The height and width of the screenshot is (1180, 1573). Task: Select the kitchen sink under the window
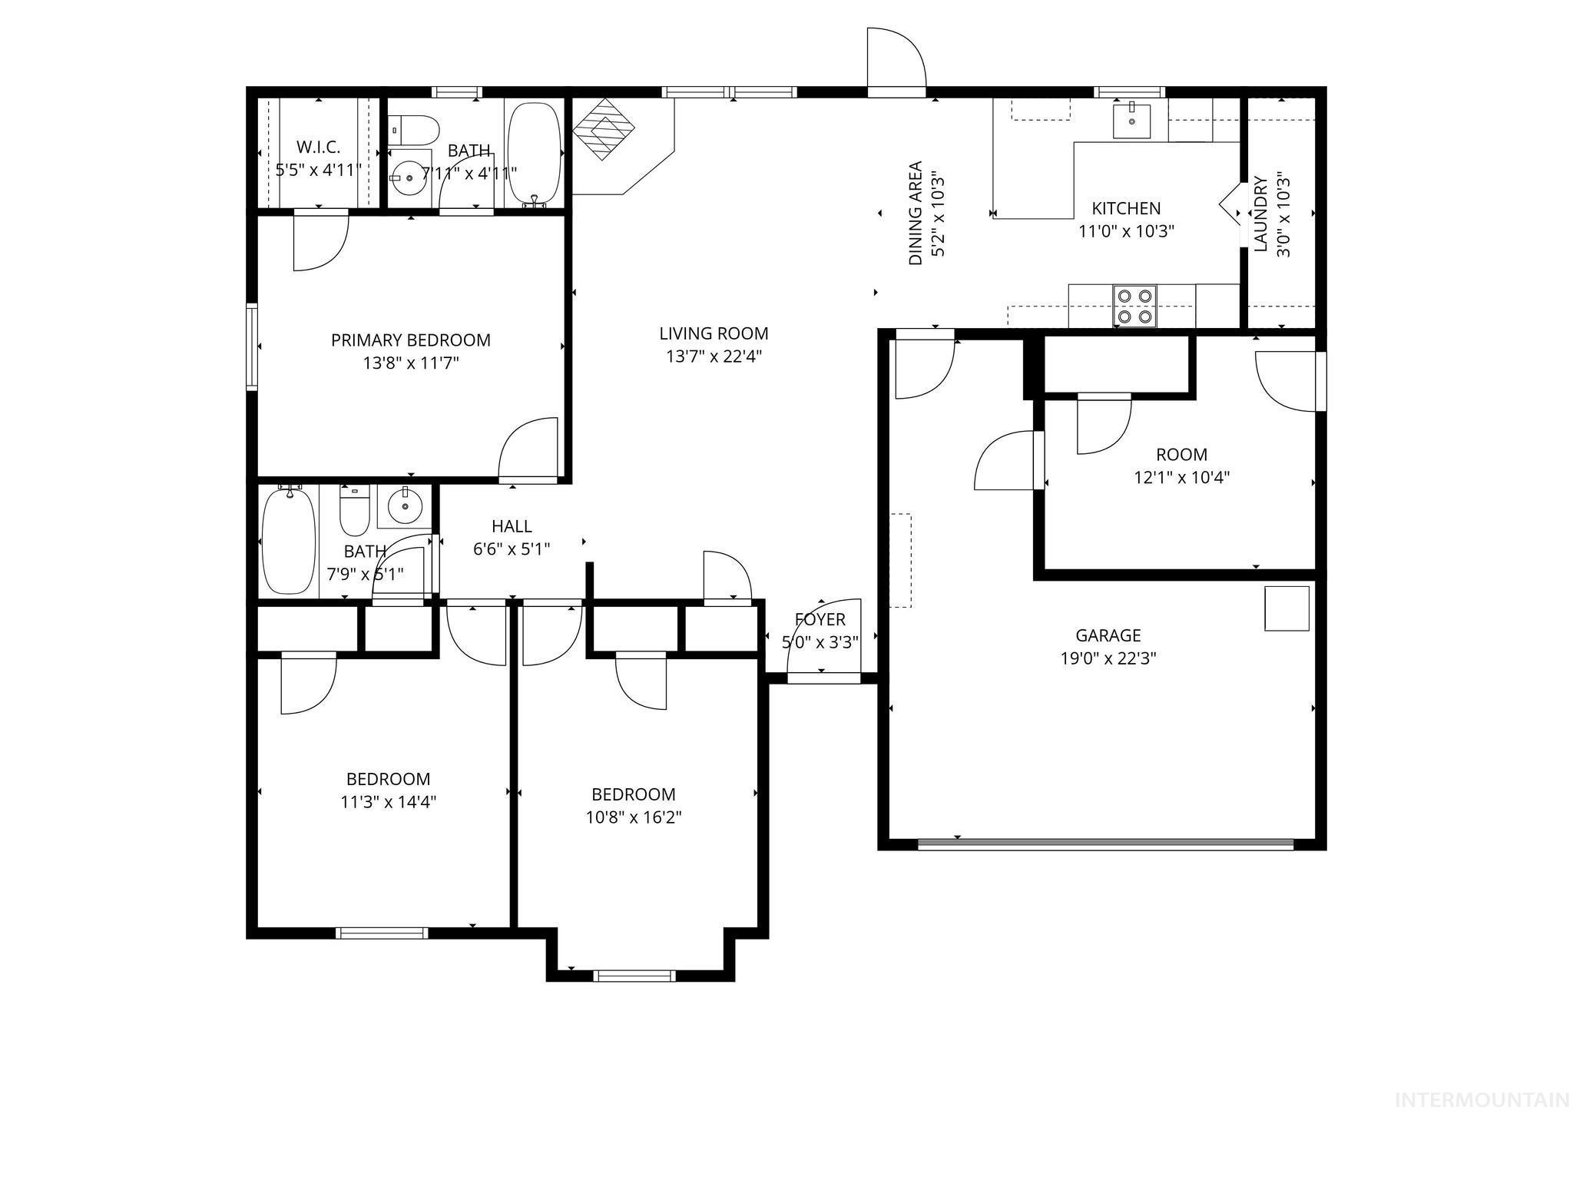click(1132, 120)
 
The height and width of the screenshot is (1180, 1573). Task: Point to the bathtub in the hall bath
click(288, 541)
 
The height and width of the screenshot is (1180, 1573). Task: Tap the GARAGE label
click(1108, 635)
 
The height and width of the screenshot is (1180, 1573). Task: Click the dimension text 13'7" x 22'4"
click(714, 356)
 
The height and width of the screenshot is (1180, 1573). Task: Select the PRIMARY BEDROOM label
click(410, 340)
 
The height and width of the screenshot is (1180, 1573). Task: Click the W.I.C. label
click(318, 147)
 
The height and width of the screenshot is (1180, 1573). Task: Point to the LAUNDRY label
click(1260, 214)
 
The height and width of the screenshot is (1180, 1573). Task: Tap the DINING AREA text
click(916, 213)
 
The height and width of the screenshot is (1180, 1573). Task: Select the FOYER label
click(820, 619)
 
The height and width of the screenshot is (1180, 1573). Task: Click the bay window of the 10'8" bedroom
click(634, 976)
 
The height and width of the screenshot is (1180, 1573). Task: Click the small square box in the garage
click(1287, 608)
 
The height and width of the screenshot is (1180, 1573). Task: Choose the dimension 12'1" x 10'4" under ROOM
click(1181, 477)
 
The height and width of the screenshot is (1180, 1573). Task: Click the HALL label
click(512, 526)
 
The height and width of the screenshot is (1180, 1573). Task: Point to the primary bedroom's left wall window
click(251, 347)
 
